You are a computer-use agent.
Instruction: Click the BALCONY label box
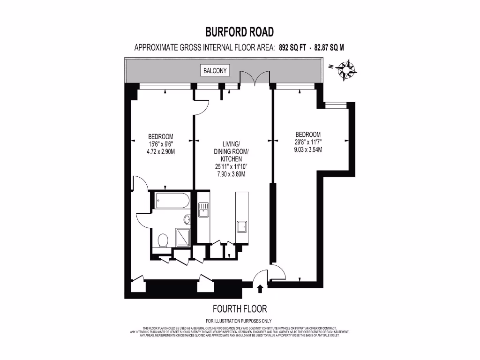tap(215, 71)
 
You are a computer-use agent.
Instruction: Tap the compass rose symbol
tap(348, 69)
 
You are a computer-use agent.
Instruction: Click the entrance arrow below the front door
tap(260, 289)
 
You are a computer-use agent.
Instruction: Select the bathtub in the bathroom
tap(172, 202)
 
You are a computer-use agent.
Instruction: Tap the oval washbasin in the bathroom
tap(187, 219)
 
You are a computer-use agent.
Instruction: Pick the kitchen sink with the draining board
tap(203, 210)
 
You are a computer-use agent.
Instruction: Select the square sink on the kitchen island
tap(242, 227)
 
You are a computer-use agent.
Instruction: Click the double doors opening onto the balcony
tap(255, 78)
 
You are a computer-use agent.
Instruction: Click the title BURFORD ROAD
tap(240, 32)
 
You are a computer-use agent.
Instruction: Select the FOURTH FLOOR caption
tap(240, 309)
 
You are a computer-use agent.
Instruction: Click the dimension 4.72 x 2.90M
tap(161, 152)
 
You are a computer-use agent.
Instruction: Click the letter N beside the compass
tap(331, 67)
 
